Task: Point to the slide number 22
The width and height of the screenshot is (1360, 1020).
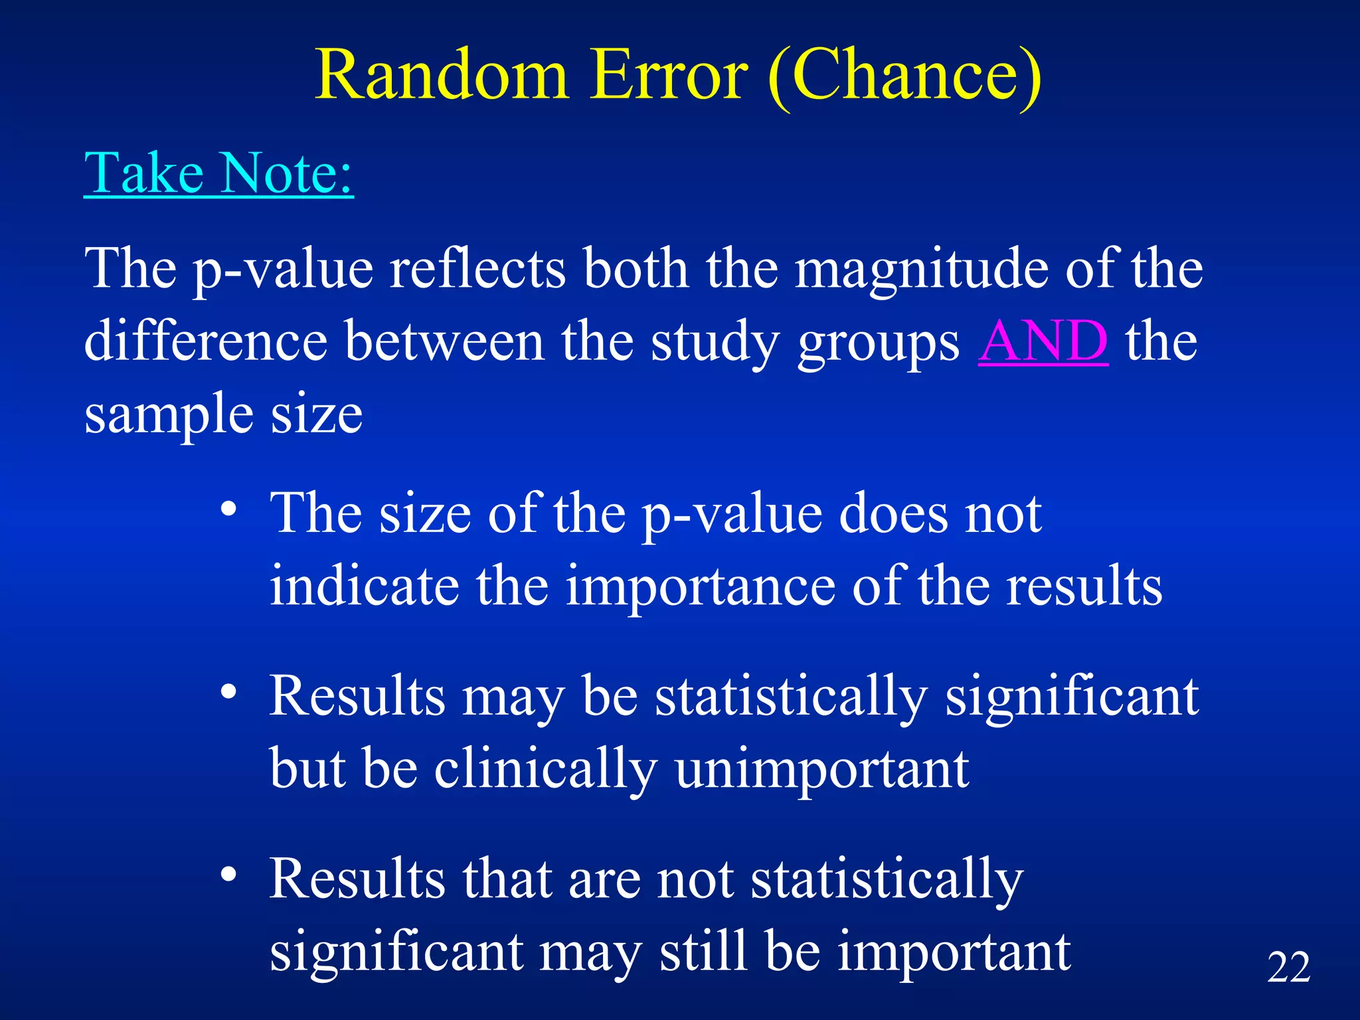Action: [1288, 967]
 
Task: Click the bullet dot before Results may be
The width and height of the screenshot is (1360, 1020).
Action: [228, 692]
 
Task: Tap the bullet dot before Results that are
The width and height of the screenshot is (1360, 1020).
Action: [228, 875]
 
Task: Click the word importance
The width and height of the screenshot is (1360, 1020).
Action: [700, 586]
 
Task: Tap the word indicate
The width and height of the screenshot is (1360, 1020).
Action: [364, 585]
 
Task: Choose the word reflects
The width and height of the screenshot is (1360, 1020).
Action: [477, 269]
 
